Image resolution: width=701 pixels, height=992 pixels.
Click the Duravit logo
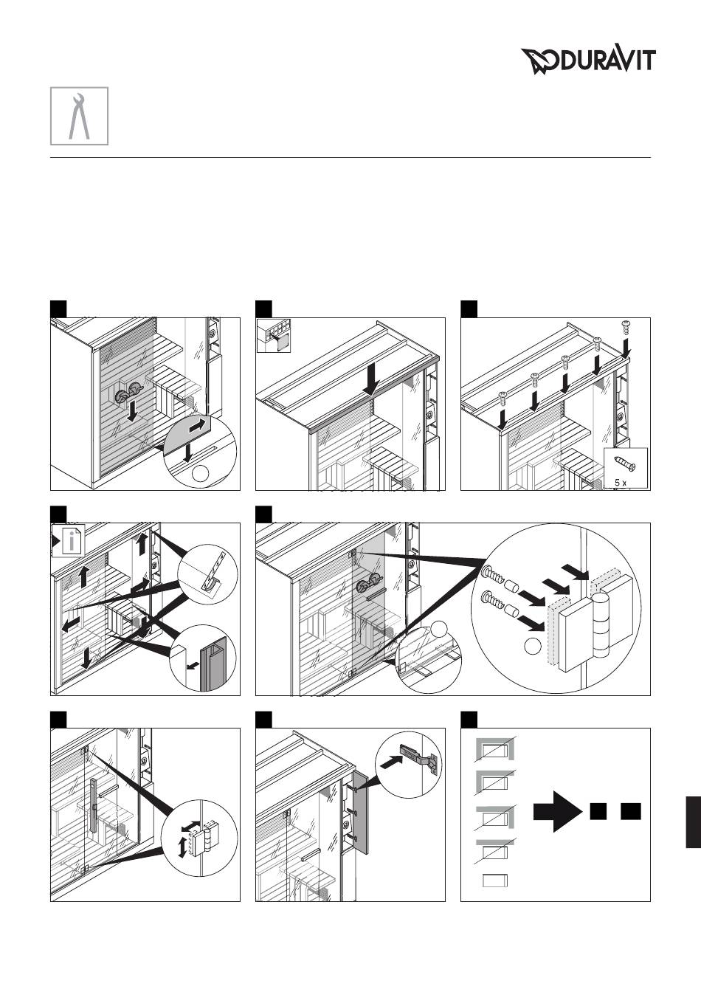point(588,61)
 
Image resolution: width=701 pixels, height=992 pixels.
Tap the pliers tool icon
point(79,116)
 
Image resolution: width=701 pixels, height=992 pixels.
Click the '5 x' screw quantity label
point(621,483)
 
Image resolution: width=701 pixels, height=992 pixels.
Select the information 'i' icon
point(72,540)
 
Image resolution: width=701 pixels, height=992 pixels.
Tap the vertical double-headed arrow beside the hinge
point(182,846)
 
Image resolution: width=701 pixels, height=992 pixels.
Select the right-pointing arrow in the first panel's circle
point(198,426)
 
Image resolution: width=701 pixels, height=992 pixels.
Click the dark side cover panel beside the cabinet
point(361,813)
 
